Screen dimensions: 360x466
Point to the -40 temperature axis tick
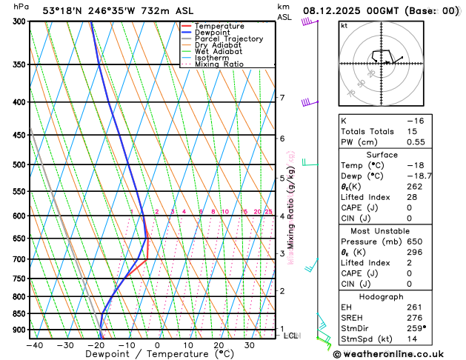pyautogui.click(x=34, y=344)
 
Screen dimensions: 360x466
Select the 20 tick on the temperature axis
pyautogui.click(x=219, y=344)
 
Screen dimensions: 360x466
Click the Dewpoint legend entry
pyautogui.click(x=213, y=33)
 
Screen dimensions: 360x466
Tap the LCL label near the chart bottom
pyautogui.click(x=290, y=336)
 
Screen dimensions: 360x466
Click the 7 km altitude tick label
pyautogui.click(x=282, y=98)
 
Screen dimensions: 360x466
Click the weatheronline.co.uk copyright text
pyautogui.click(x=399, y=354)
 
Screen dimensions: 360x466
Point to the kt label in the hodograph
pyautogui.click(x=344, y=26)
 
